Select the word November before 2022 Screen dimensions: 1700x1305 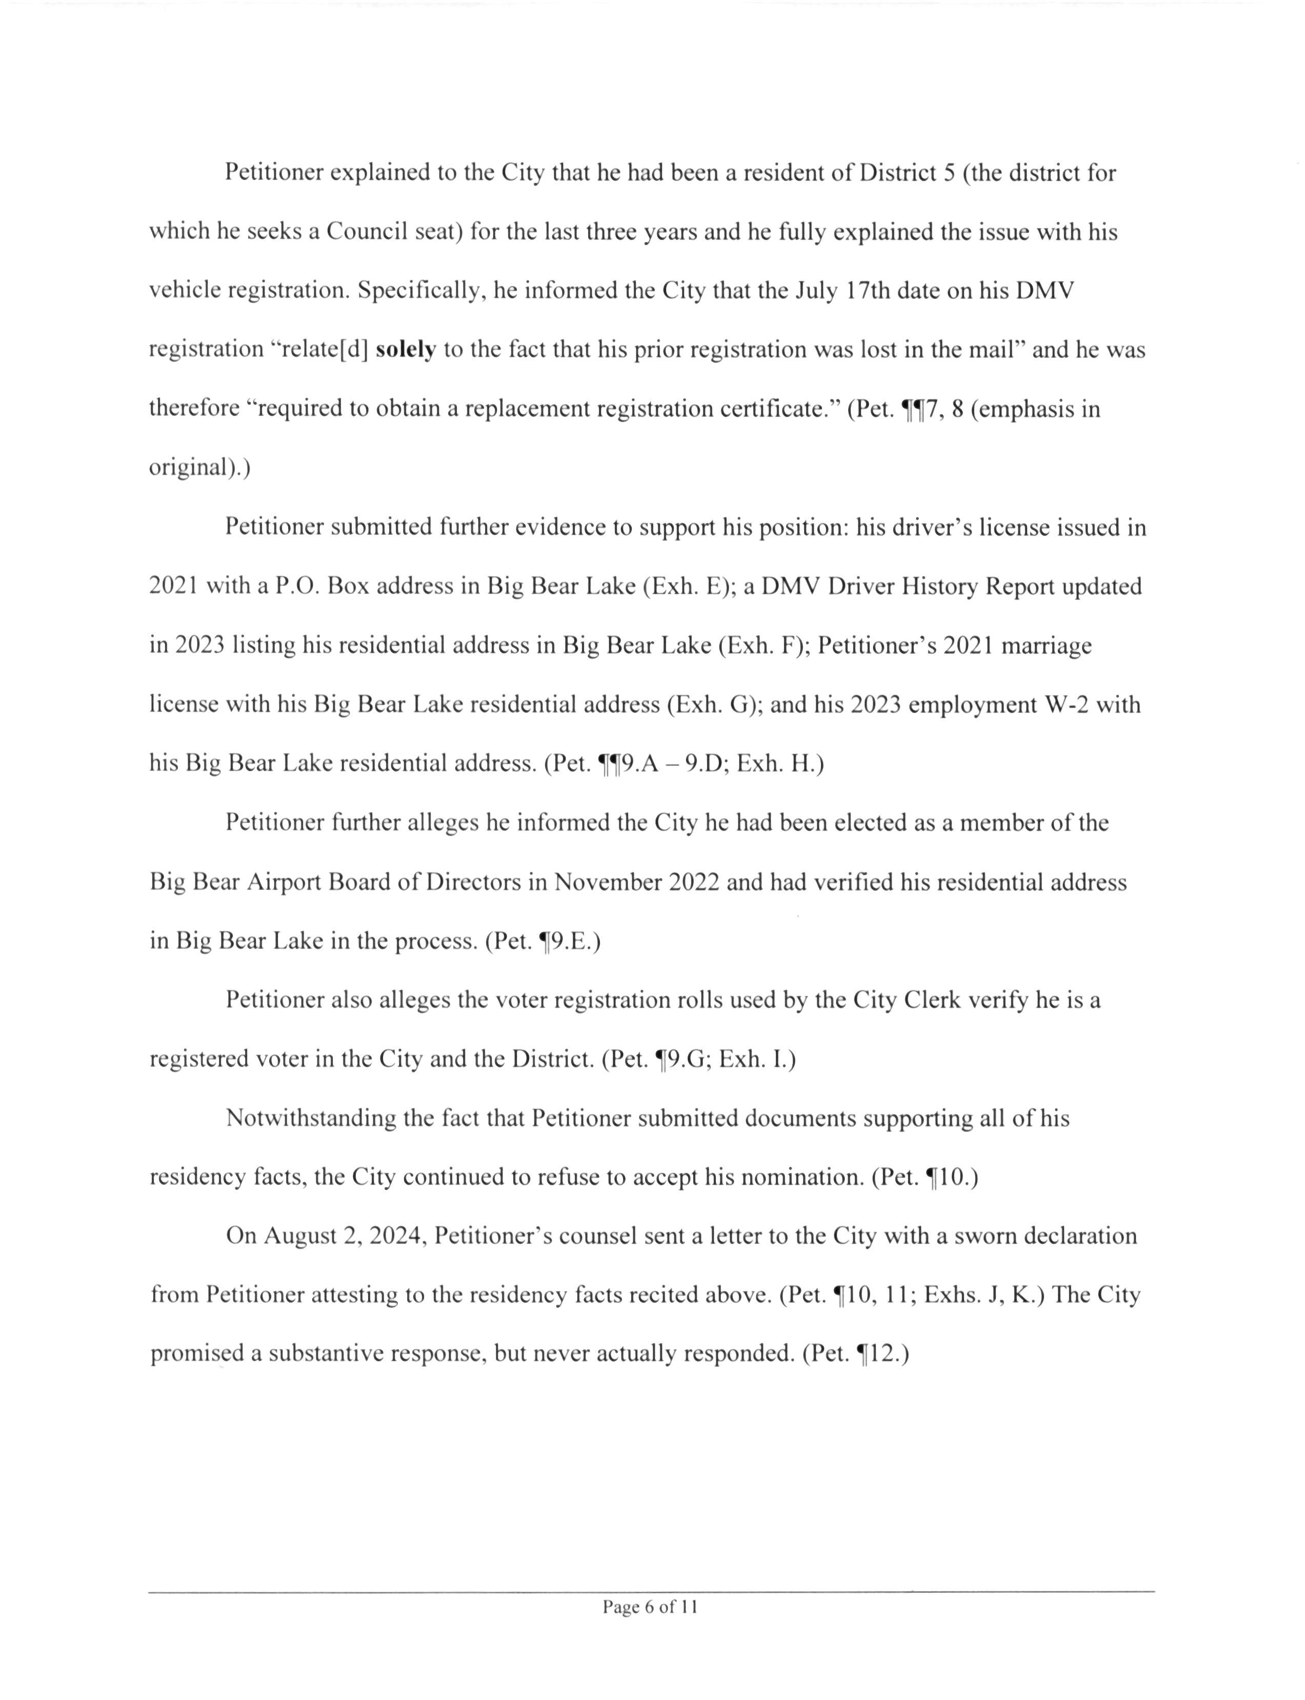coord(607,882)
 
